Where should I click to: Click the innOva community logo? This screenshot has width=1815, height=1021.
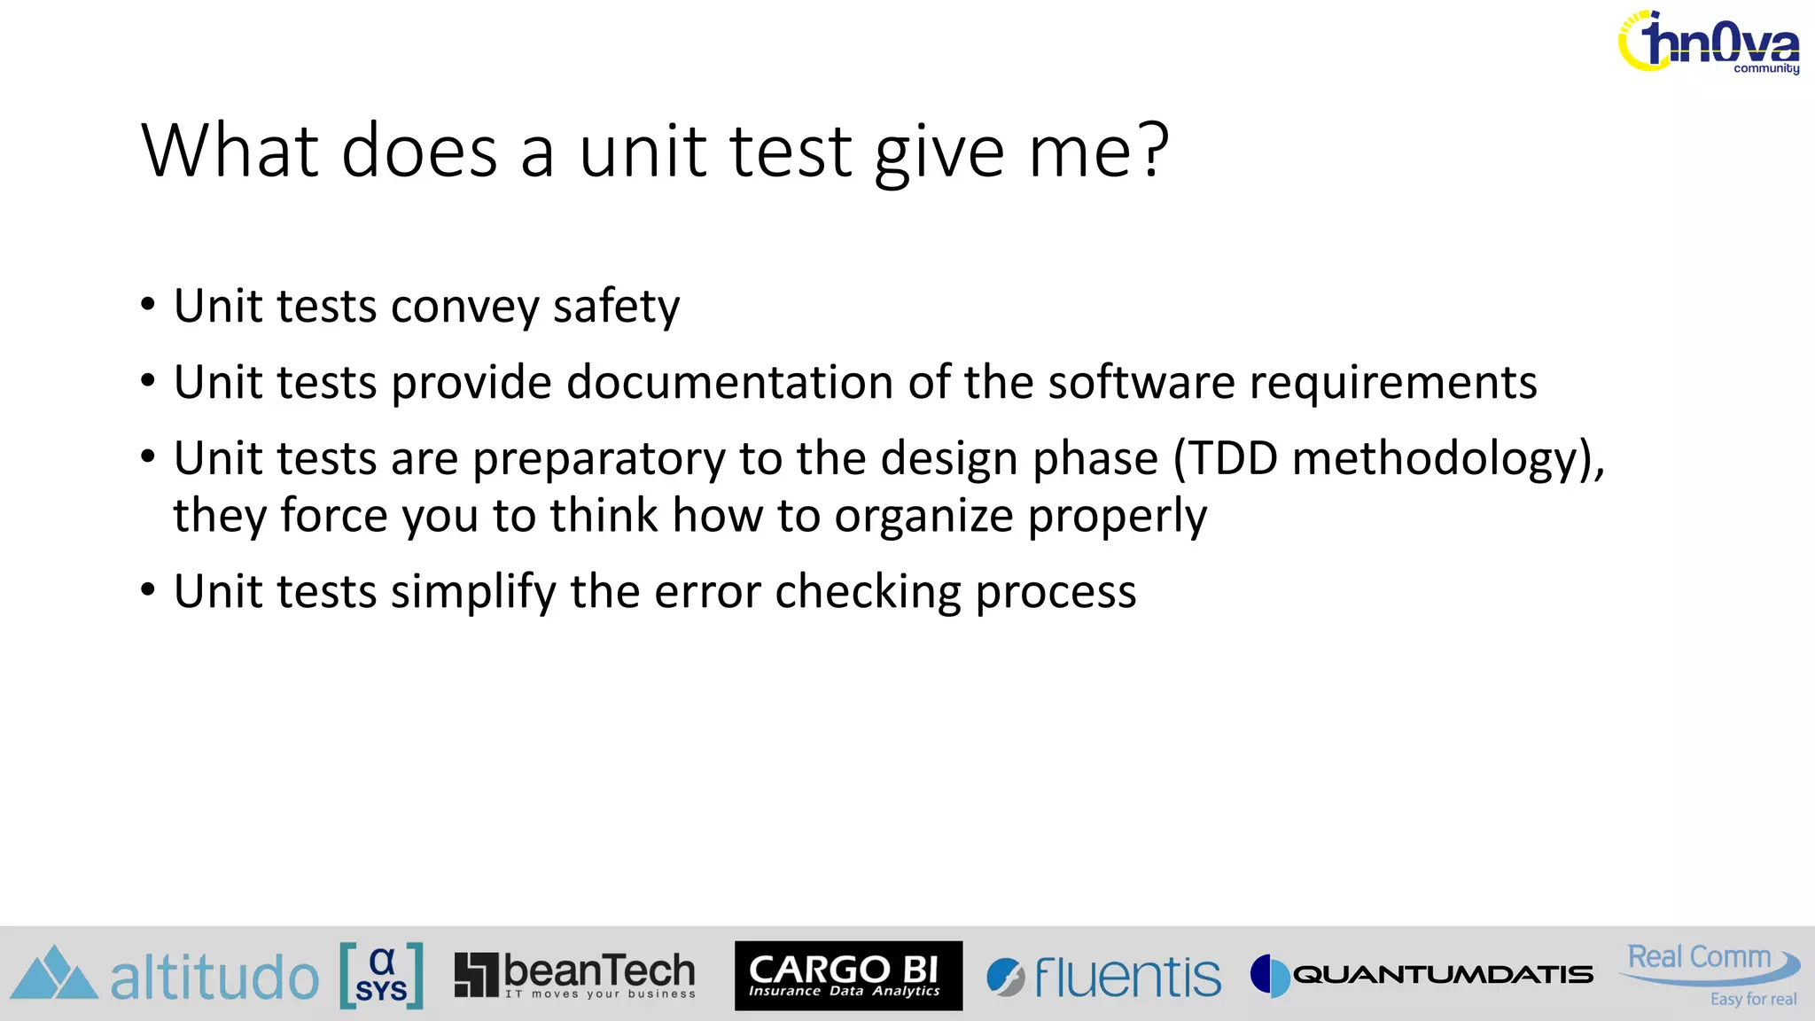pos(1709,43)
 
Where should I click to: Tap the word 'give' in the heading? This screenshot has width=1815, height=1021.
pos(939,152)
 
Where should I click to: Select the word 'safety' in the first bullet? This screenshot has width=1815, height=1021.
pos(616,307)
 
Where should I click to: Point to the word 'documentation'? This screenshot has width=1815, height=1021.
pos(730,383)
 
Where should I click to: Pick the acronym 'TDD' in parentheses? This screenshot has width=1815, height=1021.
pos(1232,459)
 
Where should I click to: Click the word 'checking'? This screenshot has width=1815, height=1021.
pos(868,592)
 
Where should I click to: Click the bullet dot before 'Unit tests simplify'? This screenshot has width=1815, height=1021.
pos(148,590)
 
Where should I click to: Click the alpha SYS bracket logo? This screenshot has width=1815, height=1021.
pos(381,976)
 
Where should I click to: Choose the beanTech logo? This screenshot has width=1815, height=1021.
pos(574,975)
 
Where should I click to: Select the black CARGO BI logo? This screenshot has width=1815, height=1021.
pos(848,976)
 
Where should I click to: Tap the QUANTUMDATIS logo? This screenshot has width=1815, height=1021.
pos(1422,975)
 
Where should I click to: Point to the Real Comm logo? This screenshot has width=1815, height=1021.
pos(1710,973)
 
